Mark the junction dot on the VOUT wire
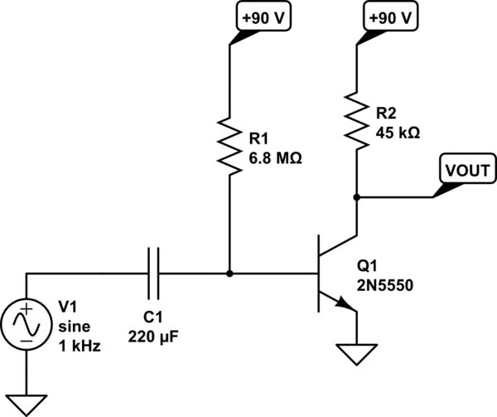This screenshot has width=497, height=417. point(357,197)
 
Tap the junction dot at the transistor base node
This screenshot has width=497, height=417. point(229,273)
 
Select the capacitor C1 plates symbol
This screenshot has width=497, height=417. point(154,273)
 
